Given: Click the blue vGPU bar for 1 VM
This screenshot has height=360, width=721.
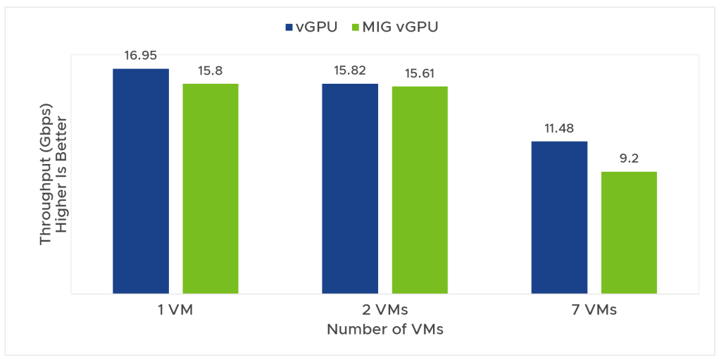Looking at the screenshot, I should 141,180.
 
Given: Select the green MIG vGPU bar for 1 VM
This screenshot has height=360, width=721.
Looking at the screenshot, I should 211,188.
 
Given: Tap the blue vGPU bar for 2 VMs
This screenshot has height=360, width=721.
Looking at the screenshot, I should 350,188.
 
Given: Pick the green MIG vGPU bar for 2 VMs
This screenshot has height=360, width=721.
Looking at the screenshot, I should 420,190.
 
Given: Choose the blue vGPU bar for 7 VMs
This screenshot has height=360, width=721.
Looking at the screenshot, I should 559,217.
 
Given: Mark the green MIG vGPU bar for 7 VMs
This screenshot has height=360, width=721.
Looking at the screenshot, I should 629,232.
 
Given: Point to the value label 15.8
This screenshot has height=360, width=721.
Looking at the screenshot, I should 211,70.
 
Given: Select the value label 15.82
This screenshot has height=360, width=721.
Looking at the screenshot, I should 350,70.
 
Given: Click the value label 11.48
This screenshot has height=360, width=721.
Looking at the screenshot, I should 559,128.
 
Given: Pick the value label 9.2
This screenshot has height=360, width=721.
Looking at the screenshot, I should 629,159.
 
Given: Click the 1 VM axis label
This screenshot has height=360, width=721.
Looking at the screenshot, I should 175,310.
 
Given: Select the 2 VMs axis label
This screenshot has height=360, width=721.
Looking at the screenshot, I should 384,310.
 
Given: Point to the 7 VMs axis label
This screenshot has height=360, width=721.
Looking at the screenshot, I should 594,310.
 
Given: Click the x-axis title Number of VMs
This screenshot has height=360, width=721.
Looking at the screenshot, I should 384,329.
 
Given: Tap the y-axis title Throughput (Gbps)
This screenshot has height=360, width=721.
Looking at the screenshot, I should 46,176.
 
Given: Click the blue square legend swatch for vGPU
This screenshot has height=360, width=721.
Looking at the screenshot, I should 288,27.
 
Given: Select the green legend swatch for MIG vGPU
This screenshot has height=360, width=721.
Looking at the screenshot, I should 355,27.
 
